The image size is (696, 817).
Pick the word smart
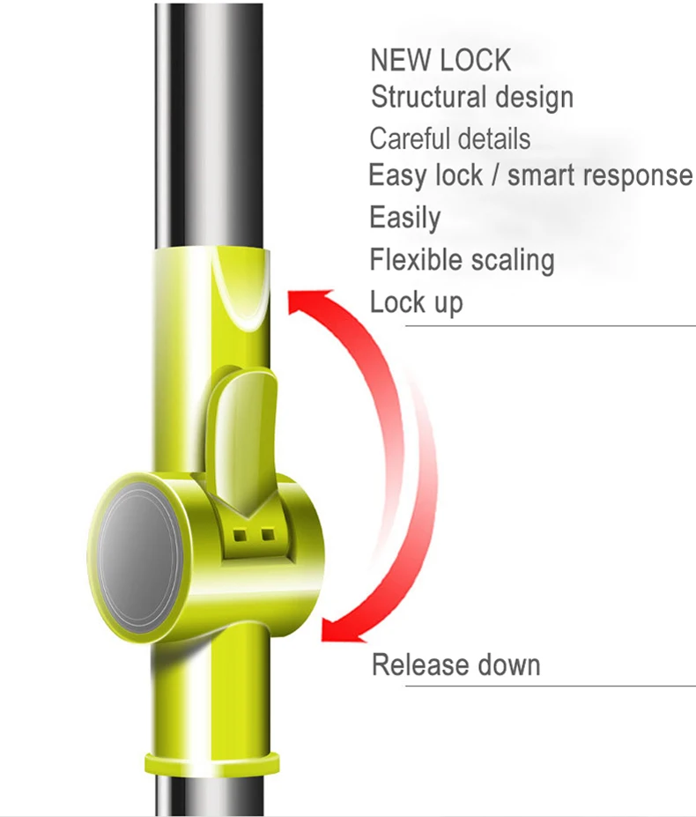[x=544, y=175]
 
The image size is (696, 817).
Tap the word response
[x=640, y=176]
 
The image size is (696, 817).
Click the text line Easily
[x=404, y=218]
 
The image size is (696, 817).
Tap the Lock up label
[x=416, y=302]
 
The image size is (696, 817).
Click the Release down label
[x=455, y=665]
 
